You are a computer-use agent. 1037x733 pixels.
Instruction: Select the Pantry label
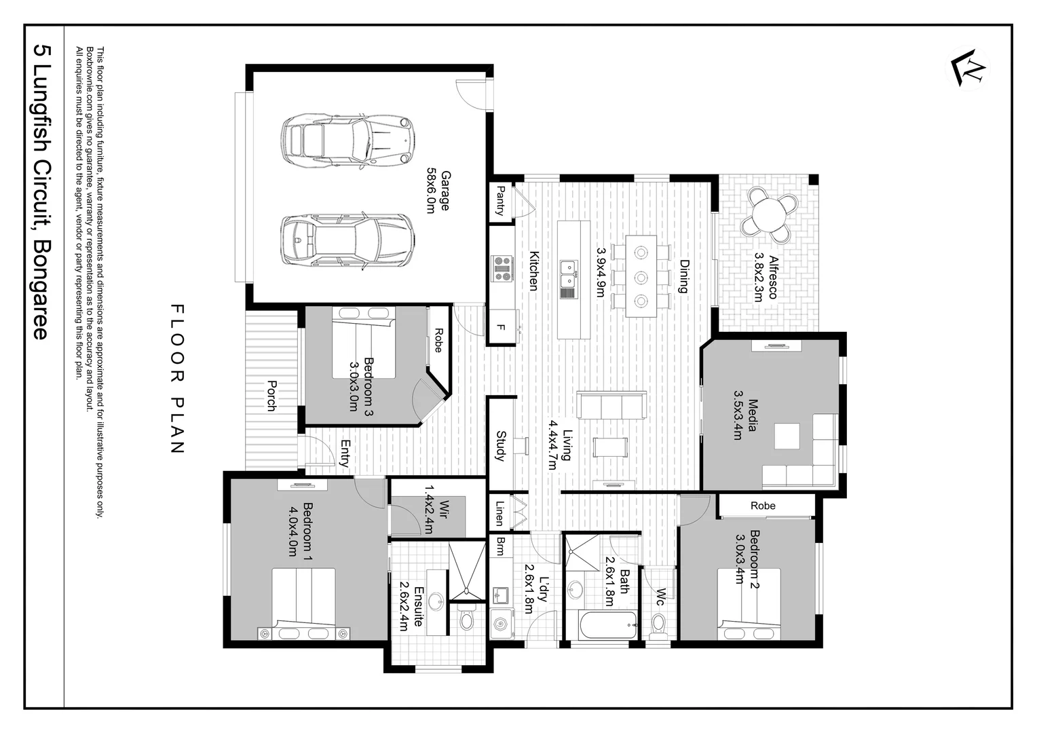click(x=501, y=201)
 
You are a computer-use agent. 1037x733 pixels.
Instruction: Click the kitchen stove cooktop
click(x=502, y=268)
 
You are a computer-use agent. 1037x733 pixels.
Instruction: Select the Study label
click(x=501, y=446)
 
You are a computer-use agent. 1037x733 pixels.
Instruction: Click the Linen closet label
click(x=499, y=513)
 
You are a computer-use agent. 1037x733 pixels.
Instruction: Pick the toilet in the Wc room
click(x=658, y=623)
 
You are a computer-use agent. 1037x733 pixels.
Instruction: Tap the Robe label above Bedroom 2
click(x=763, y=506)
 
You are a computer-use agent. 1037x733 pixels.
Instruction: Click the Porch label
click(x=271, y=396)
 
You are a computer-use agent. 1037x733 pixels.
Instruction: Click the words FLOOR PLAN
click(x=176, y=379)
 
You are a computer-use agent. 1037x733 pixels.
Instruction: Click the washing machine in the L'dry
click(x=502, y=622)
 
